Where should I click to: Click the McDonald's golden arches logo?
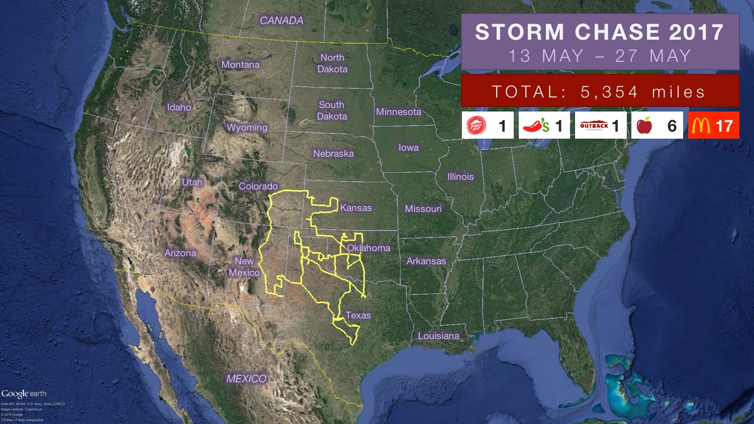coord(701,126)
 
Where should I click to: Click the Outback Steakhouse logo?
coord(594,126)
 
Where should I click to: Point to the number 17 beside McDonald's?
coord(724,126)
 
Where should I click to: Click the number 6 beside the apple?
coord(672,126)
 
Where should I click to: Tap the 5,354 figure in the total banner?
coord(609,92)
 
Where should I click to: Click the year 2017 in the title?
coord(696,32)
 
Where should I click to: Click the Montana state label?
coord(240,65)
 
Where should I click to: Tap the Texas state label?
coord(358,315)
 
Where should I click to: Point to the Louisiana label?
coord(438,336)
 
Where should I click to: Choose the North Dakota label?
coord(332,63)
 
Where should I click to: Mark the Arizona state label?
coord(180,253)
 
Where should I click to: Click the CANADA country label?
coord(281,21)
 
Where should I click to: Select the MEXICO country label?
coord(246,379)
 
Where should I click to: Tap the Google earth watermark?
coord(24,394)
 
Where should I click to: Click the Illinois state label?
coord(460,177)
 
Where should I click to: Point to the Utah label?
coord(192,182)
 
